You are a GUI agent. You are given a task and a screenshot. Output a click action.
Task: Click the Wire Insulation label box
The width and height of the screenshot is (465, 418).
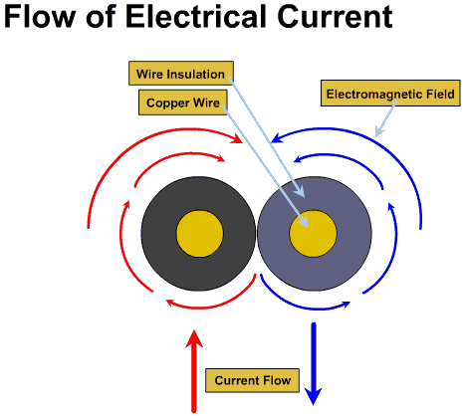click(181, 73)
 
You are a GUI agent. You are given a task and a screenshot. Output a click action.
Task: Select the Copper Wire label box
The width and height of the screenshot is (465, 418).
click(183, 103)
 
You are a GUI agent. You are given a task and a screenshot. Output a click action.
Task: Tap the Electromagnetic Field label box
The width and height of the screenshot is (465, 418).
click(390, 94)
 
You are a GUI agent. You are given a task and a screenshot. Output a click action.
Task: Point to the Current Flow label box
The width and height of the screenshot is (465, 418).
click(252, 380)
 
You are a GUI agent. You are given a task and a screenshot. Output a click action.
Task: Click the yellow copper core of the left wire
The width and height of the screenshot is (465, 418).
click(199, 234)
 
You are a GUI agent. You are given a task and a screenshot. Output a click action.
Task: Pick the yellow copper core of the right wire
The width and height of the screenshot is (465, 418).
click(313, 234)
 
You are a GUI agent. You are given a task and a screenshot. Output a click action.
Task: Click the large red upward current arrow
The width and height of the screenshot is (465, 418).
click(194, 371)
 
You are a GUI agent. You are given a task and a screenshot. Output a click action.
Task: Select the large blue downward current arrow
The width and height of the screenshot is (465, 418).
click(314, 363)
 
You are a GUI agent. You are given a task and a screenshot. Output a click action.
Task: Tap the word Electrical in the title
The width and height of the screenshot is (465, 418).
click(196, 16)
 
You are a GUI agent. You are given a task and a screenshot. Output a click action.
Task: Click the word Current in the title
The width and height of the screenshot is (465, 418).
click(336, 17)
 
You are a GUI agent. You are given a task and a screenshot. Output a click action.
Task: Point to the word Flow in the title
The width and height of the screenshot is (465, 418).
click(40, 16)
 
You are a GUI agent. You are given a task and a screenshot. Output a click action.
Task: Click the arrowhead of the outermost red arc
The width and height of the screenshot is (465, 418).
click(237, 138)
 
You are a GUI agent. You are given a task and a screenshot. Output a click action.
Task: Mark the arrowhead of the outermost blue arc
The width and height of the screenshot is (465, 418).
click(277, 138)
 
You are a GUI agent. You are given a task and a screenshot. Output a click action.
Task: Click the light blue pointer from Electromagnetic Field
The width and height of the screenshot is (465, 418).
click(385, 119)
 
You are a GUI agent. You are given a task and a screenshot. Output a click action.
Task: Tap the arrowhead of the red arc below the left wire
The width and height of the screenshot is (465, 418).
click(170, 303)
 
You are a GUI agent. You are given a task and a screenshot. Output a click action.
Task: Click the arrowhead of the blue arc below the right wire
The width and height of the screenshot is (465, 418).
click(346, 304)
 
